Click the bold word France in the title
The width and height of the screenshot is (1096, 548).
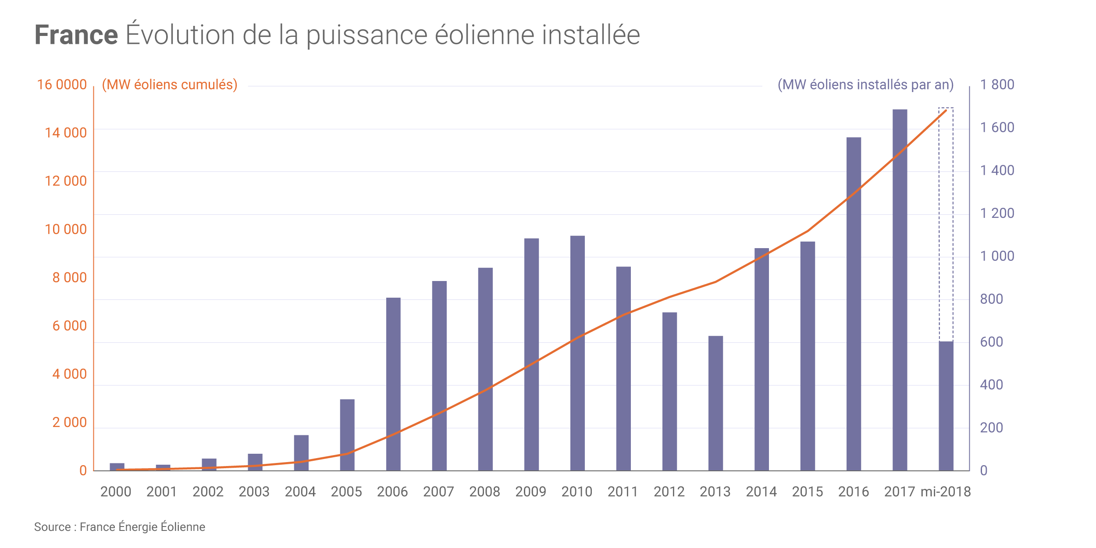click(76, 35)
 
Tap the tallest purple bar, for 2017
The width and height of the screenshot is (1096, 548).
click(900, 289)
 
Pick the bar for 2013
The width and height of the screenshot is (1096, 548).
click(715, 403)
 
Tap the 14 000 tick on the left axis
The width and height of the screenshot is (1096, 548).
click(66, 133)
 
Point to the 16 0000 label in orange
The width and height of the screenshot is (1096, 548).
click(62, 85)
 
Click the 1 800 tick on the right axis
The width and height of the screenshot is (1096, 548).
click(997, 85)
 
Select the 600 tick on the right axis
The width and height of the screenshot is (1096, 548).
click(991, 342)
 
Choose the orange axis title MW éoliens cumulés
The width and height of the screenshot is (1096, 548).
click(170, 85)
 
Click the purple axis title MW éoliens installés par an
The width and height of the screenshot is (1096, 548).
click(865, 85)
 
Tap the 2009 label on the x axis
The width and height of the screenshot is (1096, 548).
click(530, 491)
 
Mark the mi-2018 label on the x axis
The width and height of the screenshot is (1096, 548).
click(946, 491)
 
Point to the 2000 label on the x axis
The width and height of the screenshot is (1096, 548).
click(116, 491)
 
